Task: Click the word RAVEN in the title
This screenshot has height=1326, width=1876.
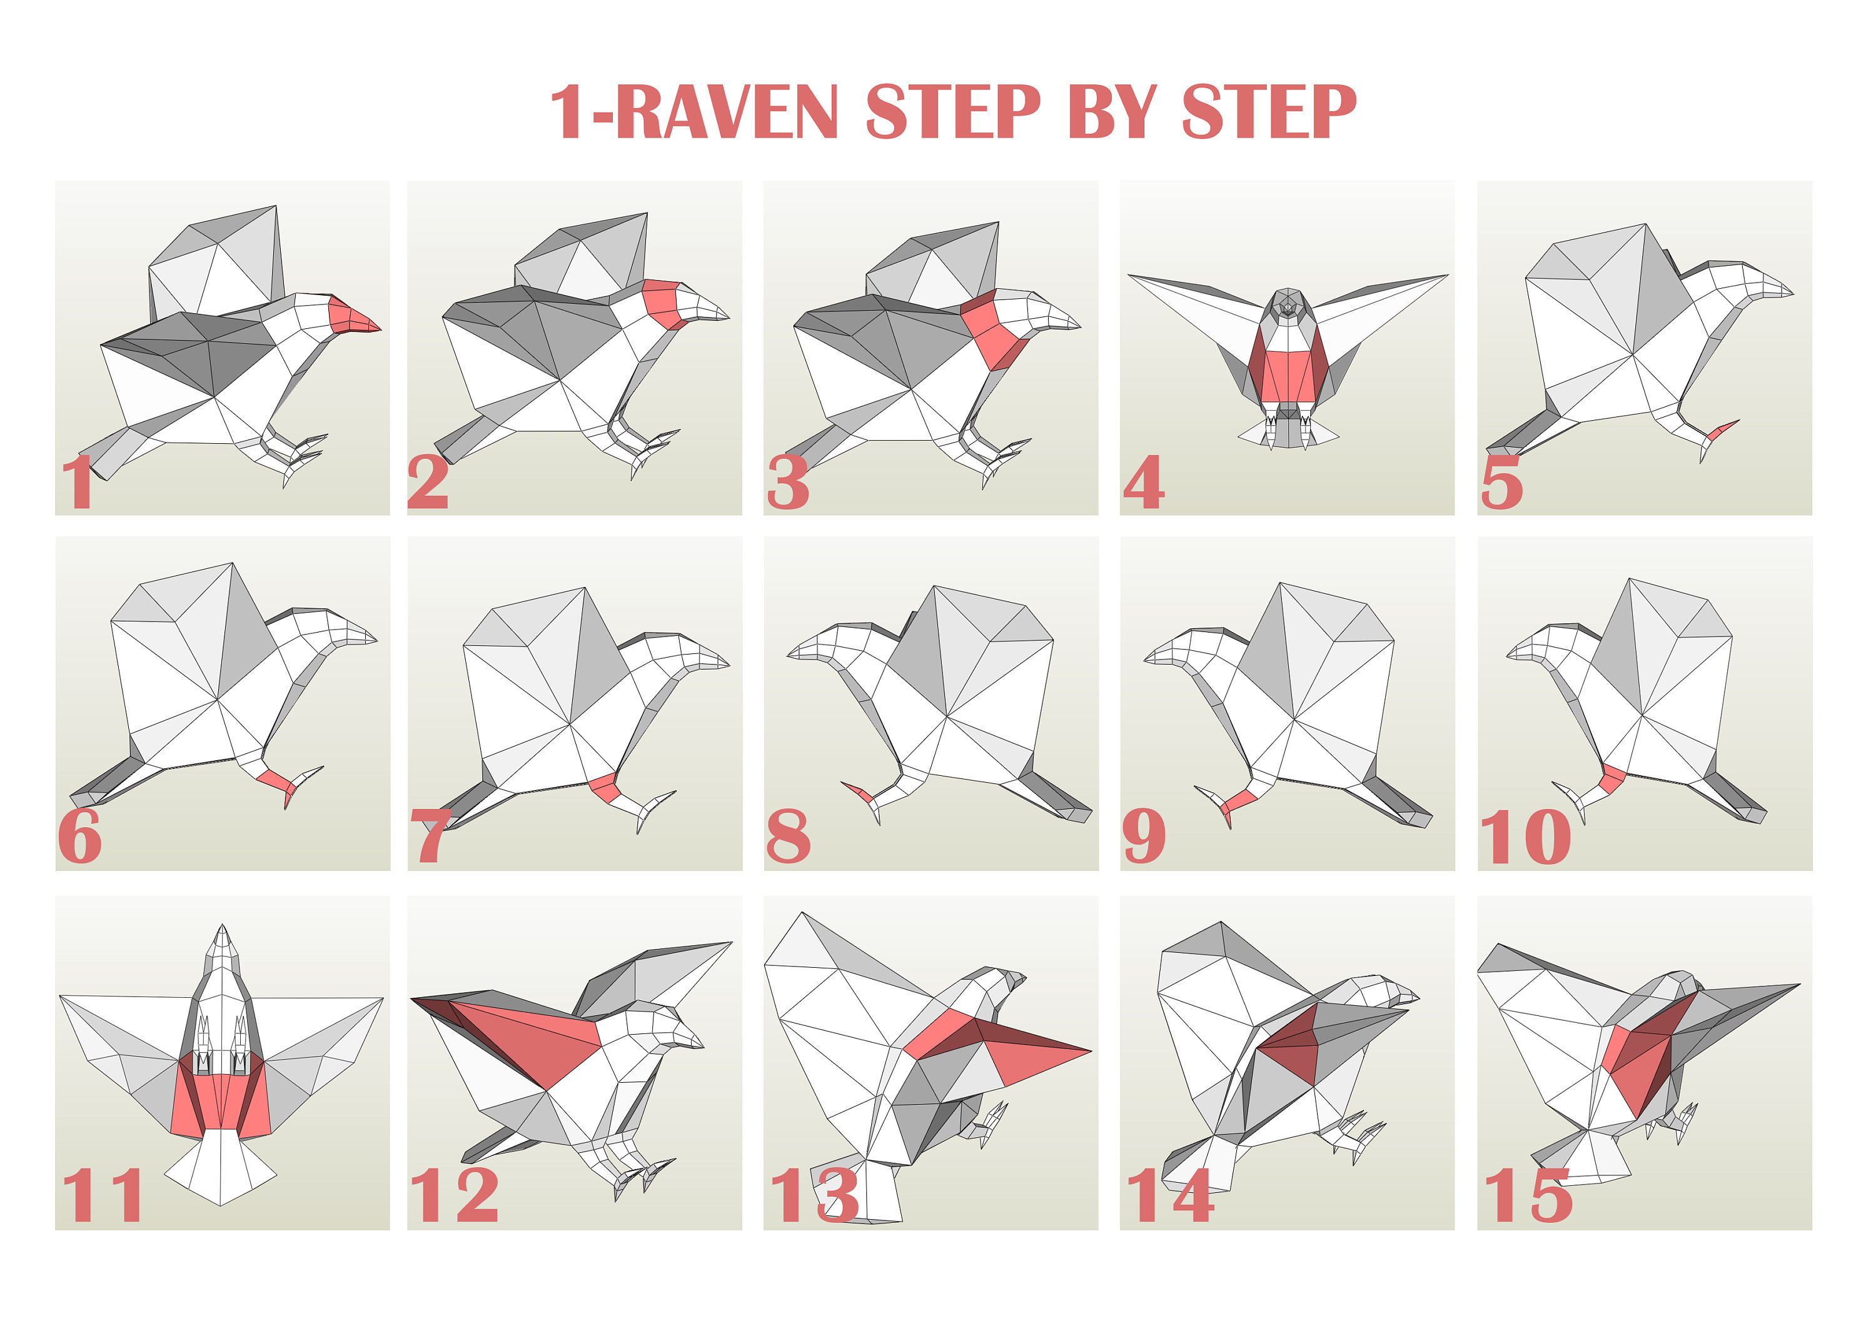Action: (x=727, y=112)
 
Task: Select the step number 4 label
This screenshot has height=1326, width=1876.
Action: (x=1143, y=482)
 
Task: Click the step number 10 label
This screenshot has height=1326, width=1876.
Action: (x=1525, y=838)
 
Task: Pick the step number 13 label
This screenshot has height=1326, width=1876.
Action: (x=814, y=1195)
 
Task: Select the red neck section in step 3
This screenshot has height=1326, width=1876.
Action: (x=992, y=331)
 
